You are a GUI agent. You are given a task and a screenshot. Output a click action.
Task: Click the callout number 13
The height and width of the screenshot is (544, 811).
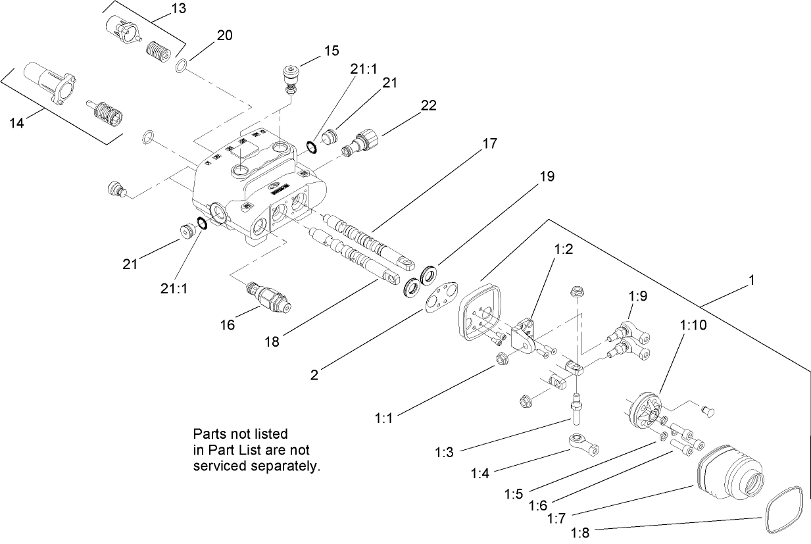(178, 9)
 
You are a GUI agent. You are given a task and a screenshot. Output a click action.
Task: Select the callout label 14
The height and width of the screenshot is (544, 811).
(16, 122)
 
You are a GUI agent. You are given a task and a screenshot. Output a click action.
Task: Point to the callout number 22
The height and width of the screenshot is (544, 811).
(428, 105)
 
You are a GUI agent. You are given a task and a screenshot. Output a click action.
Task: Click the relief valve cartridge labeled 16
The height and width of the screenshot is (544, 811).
(269, 296)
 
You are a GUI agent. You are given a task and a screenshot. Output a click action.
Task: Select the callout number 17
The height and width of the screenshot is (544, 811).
(489, 143)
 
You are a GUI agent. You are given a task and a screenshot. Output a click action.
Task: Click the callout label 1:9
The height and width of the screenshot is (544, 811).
(638, 297)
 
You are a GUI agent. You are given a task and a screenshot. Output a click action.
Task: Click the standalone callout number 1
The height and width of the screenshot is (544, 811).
(750, 280)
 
